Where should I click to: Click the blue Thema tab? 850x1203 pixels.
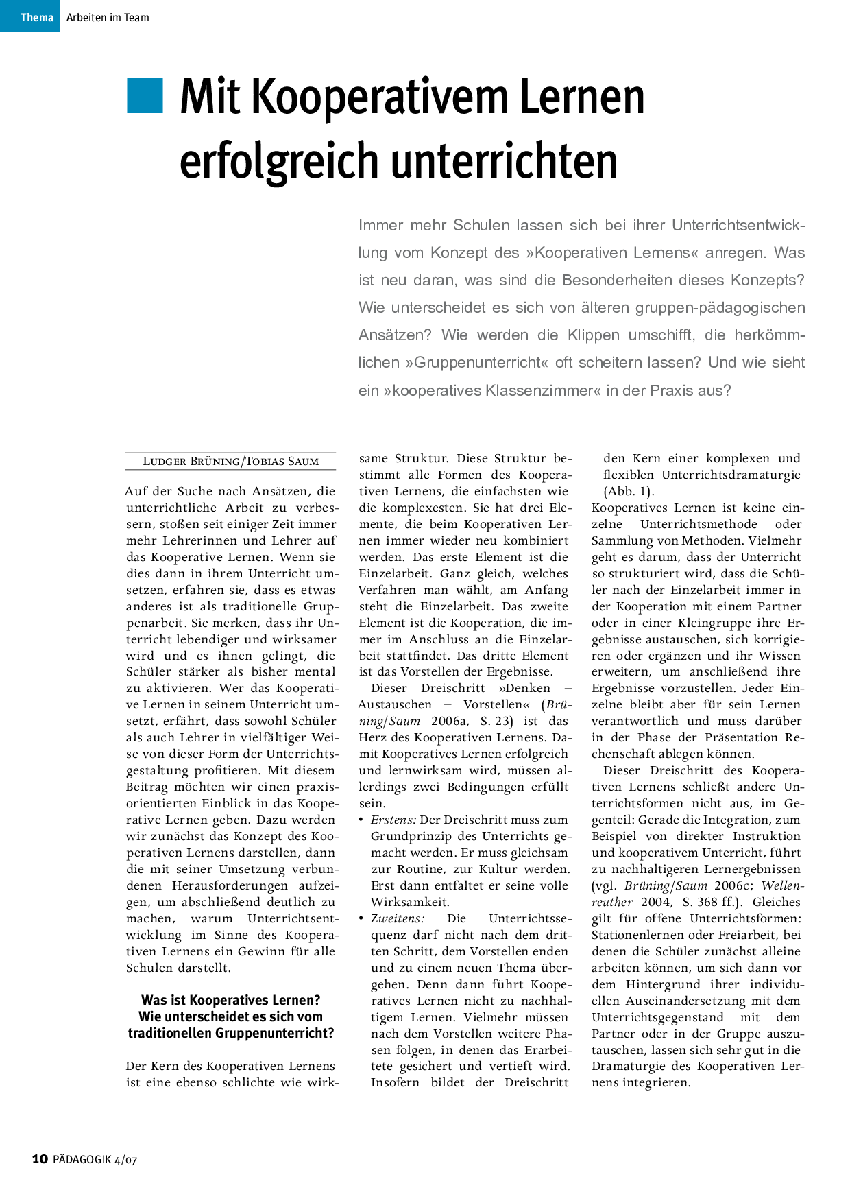(x=30, y=16)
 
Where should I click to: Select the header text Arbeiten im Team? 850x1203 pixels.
(x=108, y=18)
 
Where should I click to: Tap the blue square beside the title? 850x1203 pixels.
(x=145, y=95)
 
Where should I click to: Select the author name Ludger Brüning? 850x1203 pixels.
(x=190, y=462)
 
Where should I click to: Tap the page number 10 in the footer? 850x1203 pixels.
(x=40, y=1159)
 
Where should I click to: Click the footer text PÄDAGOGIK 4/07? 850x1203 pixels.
(x=95, y=1160)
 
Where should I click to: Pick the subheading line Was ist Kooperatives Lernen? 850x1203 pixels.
(x=230, y=1001)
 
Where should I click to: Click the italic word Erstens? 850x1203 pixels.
(x=393, y=820)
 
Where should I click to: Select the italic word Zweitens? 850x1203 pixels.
(x=397, y=919)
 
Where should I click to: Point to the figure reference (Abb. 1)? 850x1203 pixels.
(x=629, y=492)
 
